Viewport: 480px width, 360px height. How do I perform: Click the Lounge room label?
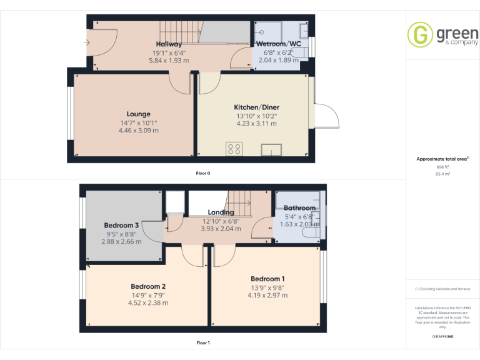138,114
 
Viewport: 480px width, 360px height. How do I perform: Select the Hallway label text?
169,44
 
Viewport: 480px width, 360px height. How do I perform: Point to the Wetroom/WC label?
279,44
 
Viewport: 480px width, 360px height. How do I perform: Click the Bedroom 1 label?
267,279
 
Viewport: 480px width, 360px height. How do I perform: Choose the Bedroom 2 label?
147,286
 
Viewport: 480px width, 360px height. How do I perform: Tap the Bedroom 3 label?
121,225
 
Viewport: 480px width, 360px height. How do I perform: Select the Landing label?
221,212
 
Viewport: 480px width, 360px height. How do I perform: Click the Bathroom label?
299,208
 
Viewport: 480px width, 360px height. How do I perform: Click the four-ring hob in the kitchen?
234,149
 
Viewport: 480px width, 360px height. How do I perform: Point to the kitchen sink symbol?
272,149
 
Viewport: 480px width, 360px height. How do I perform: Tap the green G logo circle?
419,34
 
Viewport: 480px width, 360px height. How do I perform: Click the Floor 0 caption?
203,172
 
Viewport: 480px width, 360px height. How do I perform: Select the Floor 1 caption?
203,342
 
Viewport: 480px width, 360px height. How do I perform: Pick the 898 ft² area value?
442,167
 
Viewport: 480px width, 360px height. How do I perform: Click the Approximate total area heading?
442,159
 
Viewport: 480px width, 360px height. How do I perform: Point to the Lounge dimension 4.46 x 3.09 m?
138,131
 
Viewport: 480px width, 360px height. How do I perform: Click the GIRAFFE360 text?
442,336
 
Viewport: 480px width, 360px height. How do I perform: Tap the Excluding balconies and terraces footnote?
442,289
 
